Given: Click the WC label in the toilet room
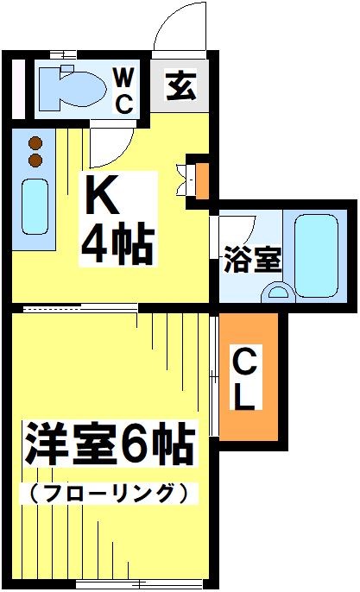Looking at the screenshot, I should click(x=124, y=91).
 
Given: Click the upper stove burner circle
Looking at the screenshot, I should click(x=35, y=143).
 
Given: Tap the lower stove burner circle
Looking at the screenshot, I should click(x=35, y=161).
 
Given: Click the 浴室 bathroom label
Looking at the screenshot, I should click(x=252, y=259).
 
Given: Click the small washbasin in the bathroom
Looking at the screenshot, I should click(x=278, y=292).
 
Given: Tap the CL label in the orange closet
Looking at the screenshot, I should click(x=246, y=379).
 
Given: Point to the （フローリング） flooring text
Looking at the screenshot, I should click(x=109, y=493).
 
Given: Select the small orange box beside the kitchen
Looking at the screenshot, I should click(x=202, y=180).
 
